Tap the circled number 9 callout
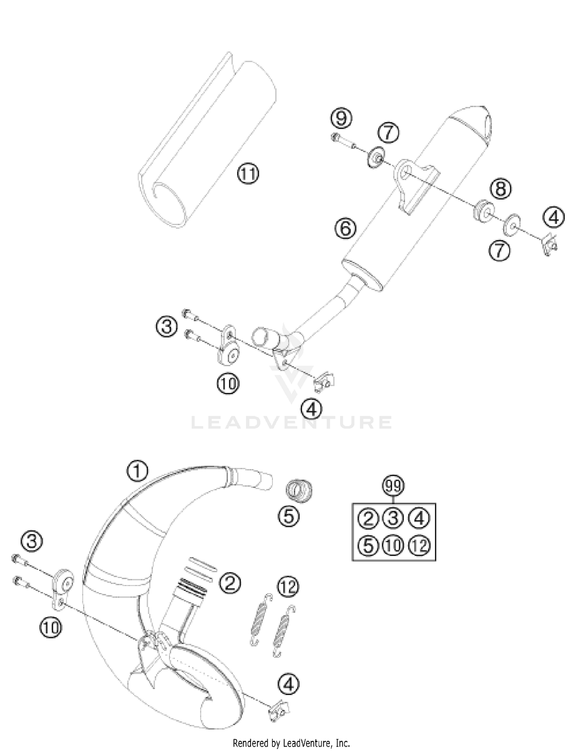[x=341, y=118]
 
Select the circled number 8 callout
[x=500, y=189]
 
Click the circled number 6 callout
[x=346, y=228]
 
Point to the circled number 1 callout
[x=138, y=472]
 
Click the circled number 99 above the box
[x=393, y=486]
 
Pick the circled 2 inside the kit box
[x=368, y=519]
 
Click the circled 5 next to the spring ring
[x=288, y=517]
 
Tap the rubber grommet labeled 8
[x=482, y=211]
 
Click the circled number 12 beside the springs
[x=288, y=587]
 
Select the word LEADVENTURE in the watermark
[x=291, y=422]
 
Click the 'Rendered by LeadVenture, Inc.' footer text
[x=291, y=743]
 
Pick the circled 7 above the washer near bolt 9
[x=389, y=133]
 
